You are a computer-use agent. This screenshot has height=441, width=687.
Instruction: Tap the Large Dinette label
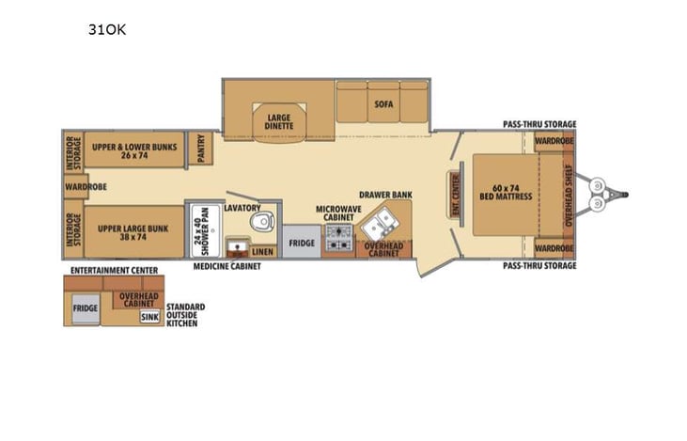[x=279, y=121]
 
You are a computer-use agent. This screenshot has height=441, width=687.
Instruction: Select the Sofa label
[x=383, y=104]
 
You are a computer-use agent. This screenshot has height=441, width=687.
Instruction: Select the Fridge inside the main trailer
[x=301, y=243]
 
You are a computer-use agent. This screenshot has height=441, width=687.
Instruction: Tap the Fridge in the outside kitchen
[x=86, y=308]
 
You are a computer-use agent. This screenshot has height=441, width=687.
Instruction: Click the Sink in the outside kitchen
[x=149, y=317]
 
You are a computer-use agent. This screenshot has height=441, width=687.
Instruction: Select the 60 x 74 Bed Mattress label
[x=507, y=193]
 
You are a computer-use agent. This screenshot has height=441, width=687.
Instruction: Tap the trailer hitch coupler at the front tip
[x=621, y=196]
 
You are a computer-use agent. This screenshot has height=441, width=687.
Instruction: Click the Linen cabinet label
[x=264, y=252]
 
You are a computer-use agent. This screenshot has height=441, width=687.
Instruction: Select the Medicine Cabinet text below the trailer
[x=226, y=266]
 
